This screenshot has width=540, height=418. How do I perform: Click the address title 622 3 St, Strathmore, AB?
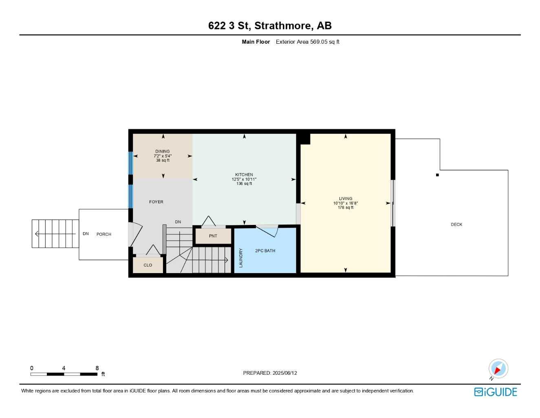tap(270, 26)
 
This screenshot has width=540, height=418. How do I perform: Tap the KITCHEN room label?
tap(244, 175)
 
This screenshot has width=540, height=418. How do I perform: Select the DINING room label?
tap(162, 151)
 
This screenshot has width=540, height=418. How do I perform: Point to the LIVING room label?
tap(345, 199)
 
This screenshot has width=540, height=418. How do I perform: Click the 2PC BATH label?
tap(265, 251)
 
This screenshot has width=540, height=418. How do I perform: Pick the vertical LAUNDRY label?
tap(241, 258)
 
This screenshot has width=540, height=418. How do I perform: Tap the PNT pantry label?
tap(213, 236)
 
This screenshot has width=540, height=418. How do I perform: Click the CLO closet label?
tap(148, 265)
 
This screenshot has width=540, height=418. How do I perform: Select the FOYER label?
tap(156, 202)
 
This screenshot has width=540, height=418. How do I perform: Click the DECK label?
tap(456, 225)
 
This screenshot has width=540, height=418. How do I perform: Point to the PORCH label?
tap(104, 234)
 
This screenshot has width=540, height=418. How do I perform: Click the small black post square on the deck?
tap(437, 175)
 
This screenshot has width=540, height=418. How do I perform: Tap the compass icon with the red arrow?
tap(498, 369)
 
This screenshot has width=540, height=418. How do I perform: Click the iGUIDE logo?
tap(496, 392)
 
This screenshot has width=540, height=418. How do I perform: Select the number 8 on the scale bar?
tap(97, 368)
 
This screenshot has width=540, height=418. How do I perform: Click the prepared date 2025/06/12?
tap(284, 373)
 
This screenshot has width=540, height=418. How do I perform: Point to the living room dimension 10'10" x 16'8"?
tap(345, 203)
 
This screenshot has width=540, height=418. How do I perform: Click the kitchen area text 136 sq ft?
tap(244, 184)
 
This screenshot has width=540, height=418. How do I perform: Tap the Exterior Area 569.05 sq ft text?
tap(307, 42)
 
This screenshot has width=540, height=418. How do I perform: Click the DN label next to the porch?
tap(86, 234)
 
